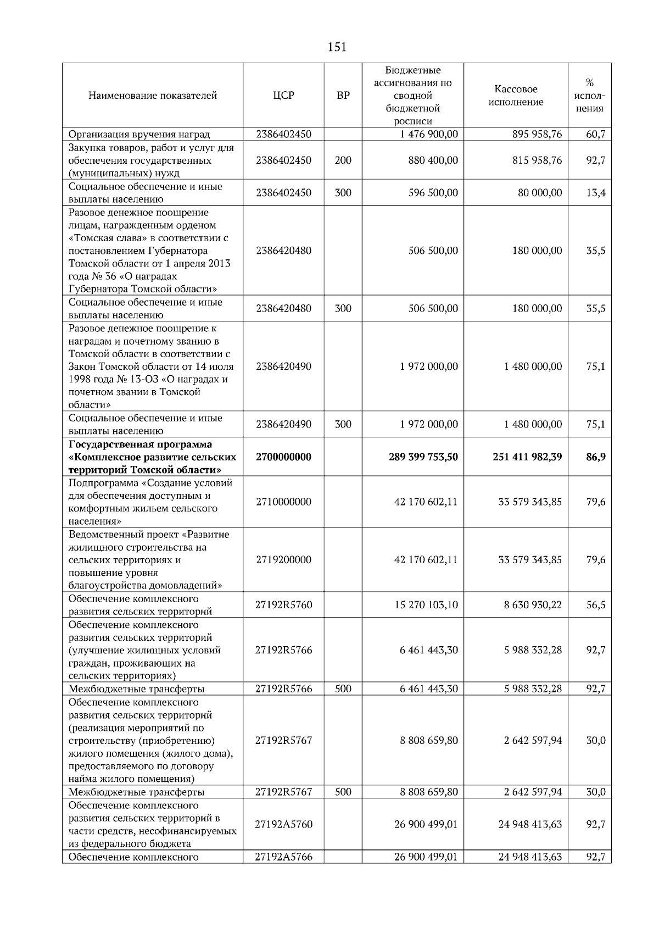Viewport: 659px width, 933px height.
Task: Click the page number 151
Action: point(337,47)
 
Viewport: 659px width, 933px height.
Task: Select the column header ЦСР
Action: point(283,96)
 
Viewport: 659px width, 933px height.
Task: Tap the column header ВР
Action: point(343,96)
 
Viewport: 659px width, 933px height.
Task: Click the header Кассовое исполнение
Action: point(516,96)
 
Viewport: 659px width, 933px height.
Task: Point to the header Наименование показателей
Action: point(153,96)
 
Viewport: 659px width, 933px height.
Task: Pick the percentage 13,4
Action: point(595,193)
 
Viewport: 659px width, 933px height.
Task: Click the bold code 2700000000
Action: point(283,457)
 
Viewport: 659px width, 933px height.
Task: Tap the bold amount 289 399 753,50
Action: point(423,457)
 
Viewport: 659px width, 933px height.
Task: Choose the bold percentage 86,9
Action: point(595,457)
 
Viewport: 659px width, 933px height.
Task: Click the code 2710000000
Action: point(283,502)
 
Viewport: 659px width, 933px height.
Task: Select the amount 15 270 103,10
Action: point(426,605)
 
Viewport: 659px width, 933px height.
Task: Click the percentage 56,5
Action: point(595,605)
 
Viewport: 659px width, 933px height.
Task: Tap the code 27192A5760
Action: point(283,824)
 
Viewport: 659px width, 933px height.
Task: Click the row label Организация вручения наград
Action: point(139,134)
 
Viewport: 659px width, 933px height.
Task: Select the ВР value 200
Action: point(343,160)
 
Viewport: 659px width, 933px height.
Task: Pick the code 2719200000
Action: point(283,560)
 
